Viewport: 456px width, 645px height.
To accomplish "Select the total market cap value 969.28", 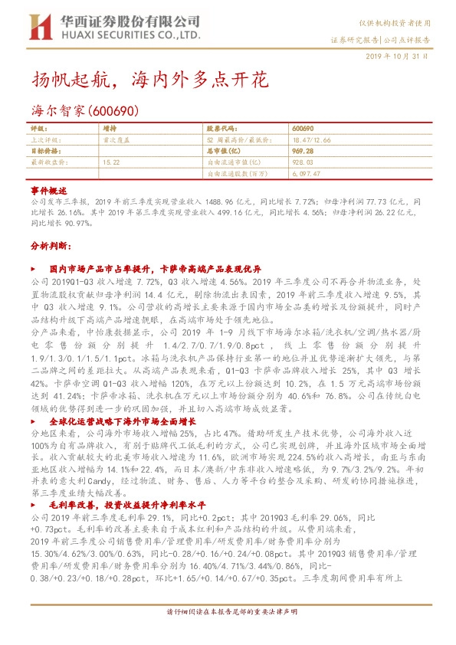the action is point(303,152).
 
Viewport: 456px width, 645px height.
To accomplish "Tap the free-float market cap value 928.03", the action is point(303,162).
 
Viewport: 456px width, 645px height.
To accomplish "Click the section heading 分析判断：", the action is point(50,246).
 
